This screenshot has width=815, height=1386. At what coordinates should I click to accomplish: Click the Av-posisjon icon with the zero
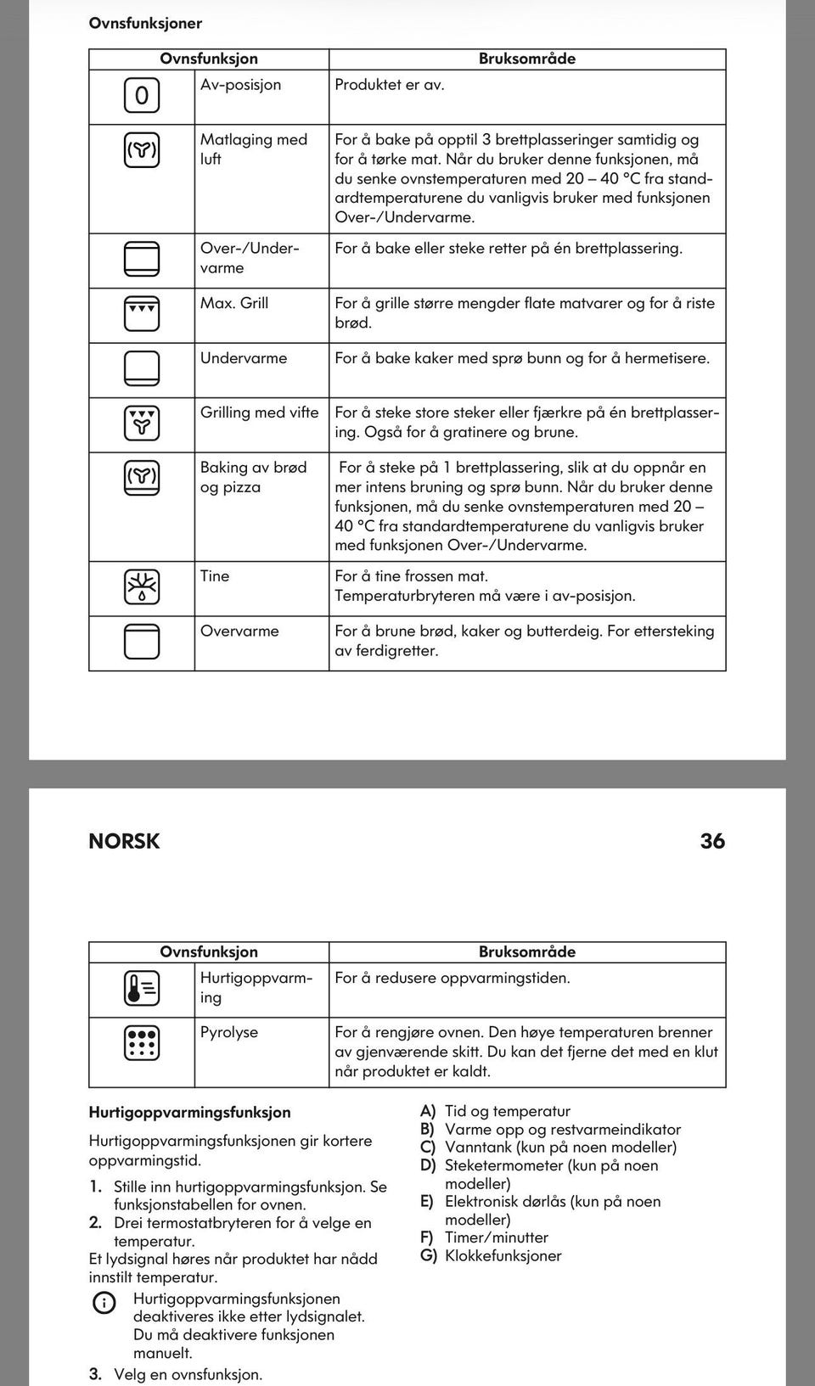click(x=142, y=95)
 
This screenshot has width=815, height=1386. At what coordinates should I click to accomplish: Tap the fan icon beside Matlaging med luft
click(x=142, y=150)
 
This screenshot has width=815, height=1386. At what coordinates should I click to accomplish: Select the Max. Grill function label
click(x=234, y=303)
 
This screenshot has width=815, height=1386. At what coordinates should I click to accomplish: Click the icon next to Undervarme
click(x=142, y=368)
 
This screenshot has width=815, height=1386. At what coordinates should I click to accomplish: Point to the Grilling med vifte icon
click(x=142, y=423)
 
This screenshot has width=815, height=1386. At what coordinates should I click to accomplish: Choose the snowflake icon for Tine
click(x=142, y=586)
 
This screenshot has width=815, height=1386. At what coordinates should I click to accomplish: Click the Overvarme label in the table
click(x=239, y=631)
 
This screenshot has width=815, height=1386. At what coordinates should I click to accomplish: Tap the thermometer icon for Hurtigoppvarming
click(x=142, y=988)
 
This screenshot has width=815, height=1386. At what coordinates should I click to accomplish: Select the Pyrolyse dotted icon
click(x=142, y=1043)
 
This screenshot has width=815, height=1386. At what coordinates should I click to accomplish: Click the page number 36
click(x=712, y=841)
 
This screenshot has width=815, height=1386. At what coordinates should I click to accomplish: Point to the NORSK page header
click(x=124, y=841)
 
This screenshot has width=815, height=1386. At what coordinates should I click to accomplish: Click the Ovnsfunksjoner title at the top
click(x=145, y=23)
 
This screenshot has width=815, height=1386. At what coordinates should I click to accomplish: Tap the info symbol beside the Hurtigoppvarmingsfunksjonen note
click(x=104, y=1303)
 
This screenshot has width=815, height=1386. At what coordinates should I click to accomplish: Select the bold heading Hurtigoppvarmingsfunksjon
click(x=189, y=1112)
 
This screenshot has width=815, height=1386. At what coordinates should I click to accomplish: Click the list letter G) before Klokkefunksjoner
click(x=428, y=1255)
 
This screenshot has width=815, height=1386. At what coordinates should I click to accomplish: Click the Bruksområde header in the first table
click(x=526, y=59)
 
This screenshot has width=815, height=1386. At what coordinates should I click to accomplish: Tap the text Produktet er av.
click(x=390, y=84)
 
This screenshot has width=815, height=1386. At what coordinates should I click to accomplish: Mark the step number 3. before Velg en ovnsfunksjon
click(x=95, y=1374)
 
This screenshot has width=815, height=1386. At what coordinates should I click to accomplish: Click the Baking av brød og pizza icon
click(x=142, y=478)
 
